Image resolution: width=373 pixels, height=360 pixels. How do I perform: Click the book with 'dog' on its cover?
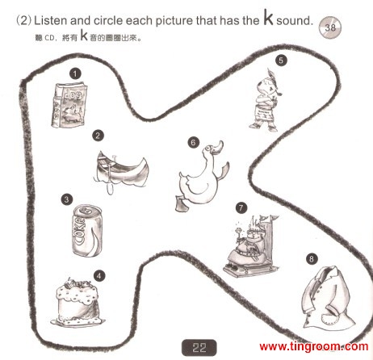[x=69, y=105]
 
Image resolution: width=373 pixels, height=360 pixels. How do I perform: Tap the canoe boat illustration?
[x=122, y=172]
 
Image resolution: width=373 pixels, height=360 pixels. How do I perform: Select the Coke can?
[x=87, y=230]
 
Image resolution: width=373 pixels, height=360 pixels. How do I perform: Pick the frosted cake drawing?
[x=78, y=302]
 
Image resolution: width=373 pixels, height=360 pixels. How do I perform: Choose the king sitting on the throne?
[x=251, y=245]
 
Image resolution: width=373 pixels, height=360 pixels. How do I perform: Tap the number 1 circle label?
[x=75, y=73]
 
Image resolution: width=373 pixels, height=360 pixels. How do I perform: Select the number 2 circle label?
[x=98, y=136]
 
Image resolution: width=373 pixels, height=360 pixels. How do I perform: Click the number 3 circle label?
[x=67, y=199]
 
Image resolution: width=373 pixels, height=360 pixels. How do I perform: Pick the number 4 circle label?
[x=99, y=276]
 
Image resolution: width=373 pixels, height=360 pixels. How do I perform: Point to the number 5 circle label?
[x=281, y=60]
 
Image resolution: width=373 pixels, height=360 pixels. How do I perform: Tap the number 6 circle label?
[x=194, y=142]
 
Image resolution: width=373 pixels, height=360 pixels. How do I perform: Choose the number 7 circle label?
[x=241, y=208]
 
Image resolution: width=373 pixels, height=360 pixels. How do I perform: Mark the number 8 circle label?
[x=312, y=259]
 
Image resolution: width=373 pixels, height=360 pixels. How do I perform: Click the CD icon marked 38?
[x=330, y=27]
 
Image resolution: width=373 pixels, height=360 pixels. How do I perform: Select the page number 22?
[x=199, y=348]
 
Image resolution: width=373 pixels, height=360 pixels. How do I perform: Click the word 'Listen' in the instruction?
[x=51, y=21]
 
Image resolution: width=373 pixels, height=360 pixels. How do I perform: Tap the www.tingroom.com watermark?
[x=314, y=346]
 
